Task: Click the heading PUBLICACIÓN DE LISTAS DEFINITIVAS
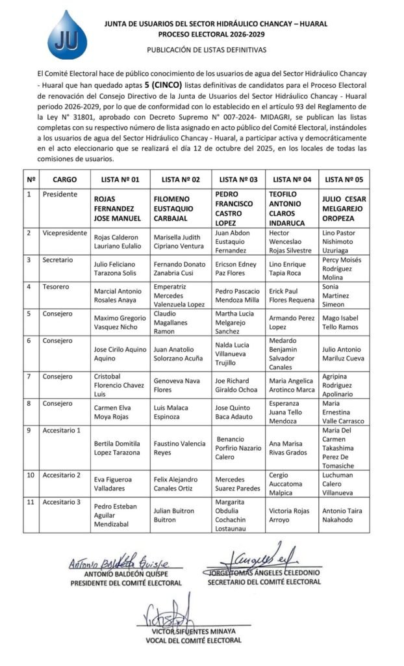[x=207, y=49]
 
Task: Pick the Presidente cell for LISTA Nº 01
[x=118, y=207]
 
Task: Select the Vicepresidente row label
[x=64, y=232]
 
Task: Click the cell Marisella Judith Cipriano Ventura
[x=179, y=241]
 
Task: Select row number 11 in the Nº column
[x=30, y=502]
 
